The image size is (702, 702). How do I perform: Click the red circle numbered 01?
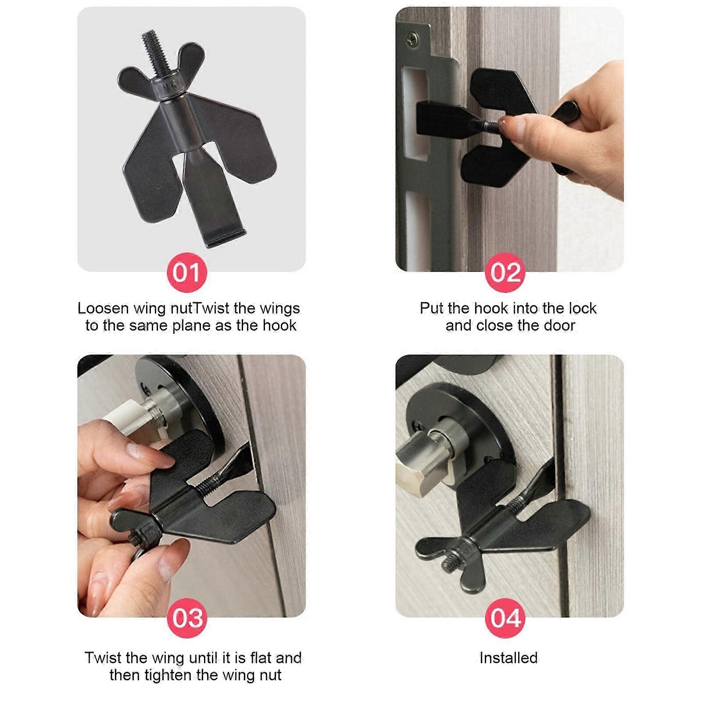(186, 272)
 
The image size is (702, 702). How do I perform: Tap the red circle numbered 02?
(505, 272)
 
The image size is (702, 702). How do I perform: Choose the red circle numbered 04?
(505, 618)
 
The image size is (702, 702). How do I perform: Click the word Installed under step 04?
(508, 658)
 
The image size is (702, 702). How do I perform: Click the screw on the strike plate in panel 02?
(412, 40)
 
